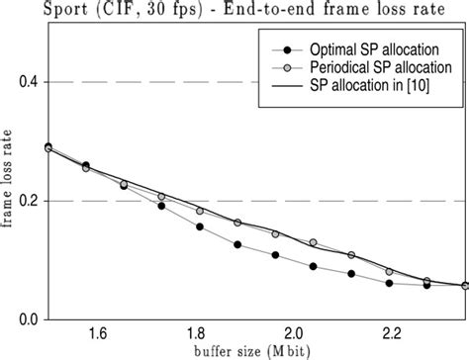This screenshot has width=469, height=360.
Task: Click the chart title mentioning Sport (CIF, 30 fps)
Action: coord(234,11)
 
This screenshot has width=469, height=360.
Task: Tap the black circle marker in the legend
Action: coord(287,48)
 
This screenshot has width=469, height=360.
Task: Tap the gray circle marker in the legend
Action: coord(287,67)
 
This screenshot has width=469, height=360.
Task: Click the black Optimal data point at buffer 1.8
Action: coord(200,226)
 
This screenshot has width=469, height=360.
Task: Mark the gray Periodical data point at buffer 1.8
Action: coord(200,211)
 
